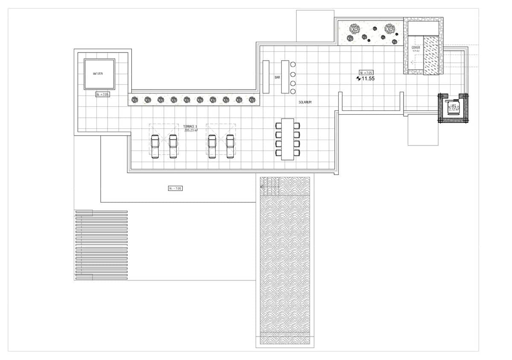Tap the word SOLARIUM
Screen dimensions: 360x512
coord(305,103)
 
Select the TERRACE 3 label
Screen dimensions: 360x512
coord(190,127)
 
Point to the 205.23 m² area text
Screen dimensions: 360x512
coord(191,131)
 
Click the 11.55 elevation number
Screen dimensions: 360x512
coord(368,78)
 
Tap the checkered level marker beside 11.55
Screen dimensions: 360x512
coord(358,78)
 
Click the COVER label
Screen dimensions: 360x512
coord(416,48)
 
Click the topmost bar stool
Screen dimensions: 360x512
coord(293,64)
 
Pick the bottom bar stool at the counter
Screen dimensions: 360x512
coord(293,91)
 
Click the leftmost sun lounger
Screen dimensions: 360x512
coord(155,146)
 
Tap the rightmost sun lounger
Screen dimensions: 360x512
coord(230,146)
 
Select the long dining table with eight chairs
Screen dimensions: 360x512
coord(288,139)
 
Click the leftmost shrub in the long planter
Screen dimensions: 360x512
coord(135,100)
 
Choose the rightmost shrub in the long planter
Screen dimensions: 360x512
coord(252,100)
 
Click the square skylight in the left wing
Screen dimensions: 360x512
coord(99,74)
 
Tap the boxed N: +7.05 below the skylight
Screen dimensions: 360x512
coord(102,94)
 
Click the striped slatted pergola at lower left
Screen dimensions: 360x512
coord(101,245)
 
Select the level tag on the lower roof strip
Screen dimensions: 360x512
coord(175,188)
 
